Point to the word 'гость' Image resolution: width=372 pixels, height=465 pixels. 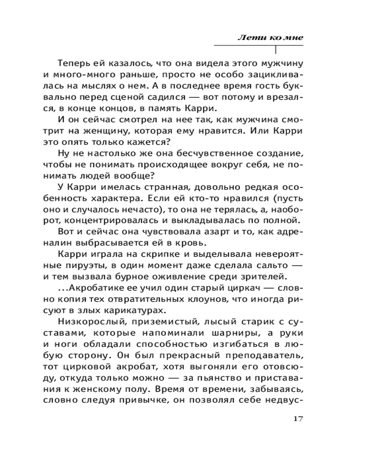coord(268,86)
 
